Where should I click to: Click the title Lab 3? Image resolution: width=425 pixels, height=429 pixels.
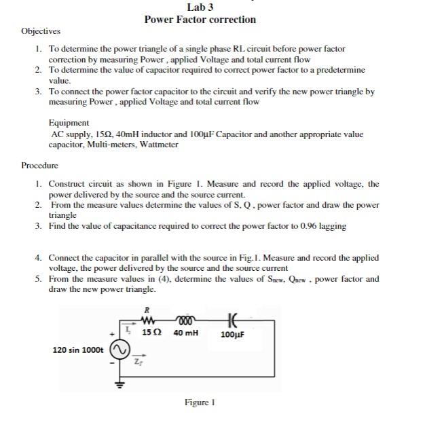point(200,7)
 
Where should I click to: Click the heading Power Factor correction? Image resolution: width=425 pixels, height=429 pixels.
point(200,20)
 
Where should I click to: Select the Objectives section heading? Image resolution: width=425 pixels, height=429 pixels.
point(41,31)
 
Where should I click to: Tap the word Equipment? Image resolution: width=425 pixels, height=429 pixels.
point(69,123)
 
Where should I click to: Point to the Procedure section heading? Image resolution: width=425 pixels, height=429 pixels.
point(39,165)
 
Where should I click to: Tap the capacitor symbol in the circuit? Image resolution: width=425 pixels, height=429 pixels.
point(234,322)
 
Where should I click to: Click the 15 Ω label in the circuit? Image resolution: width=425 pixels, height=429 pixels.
point(151,334)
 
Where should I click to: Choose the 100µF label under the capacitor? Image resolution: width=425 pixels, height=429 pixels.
point(233,335)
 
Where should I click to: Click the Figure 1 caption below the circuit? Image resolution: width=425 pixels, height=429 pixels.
point(200,403)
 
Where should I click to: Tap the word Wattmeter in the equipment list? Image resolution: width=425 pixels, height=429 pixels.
point(159,145)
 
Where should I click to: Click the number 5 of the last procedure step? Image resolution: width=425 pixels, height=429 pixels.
point(38,279)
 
